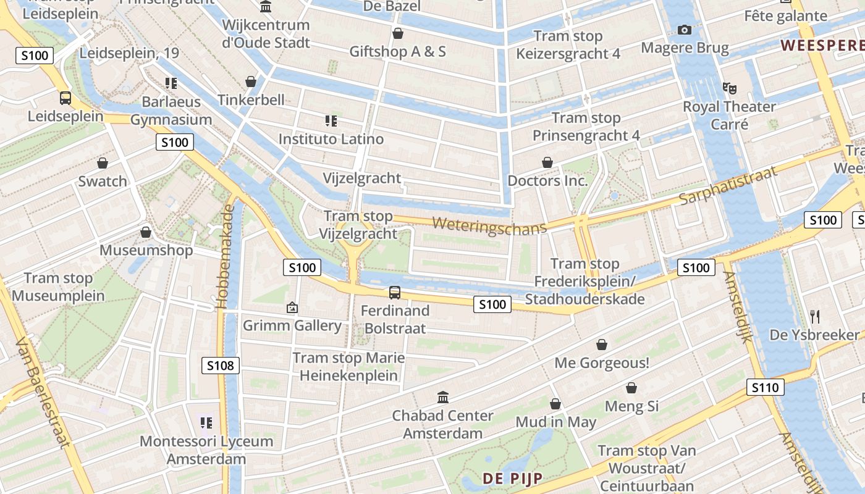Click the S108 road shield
221,366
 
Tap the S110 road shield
766,387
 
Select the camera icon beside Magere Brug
685,30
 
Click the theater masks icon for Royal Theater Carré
730,88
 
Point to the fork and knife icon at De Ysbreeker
815,317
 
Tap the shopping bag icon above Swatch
103,163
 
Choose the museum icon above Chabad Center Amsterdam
443,397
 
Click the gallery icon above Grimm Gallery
292,307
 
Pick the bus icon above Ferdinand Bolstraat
395,292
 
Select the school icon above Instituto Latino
331,120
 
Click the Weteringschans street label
489,225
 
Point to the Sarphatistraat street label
728,185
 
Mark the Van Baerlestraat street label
42,391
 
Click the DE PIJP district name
513,478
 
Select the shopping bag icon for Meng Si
631,388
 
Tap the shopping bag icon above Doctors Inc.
547,162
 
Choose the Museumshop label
146,250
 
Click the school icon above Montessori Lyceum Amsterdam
206,423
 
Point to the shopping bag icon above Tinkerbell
251,82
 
